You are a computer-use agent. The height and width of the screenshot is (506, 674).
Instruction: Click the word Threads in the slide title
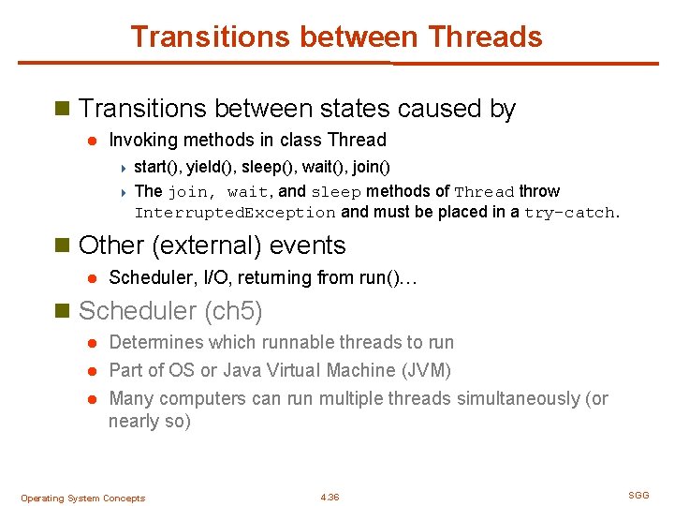(484, 37)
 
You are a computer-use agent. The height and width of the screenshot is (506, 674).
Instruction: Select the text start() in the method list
(157, 167)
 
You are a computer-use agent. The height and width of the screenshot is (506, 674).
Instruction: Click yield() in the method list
(212, 167)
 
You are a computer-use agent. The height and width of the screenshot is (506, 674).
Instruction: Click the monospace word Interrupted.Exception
(235, 213)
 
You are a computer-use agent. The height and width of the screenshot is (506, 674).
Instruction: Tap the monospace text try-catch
(569, 213)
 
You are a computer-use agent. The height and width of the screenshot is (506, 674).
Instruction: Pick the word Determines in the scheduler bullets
(154, 343)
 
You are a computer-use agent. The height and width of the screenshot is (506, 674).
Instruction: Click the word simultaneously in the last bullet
(518, 398)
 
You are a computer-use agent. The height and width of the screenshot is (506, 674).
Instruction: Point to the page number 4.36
(330, 498)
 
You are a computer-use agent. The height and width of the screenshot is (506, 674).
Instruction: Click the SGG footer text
(638, 495)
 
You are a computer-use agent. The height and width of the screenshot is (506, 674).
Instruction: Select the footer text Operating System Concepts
(82, 499)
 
